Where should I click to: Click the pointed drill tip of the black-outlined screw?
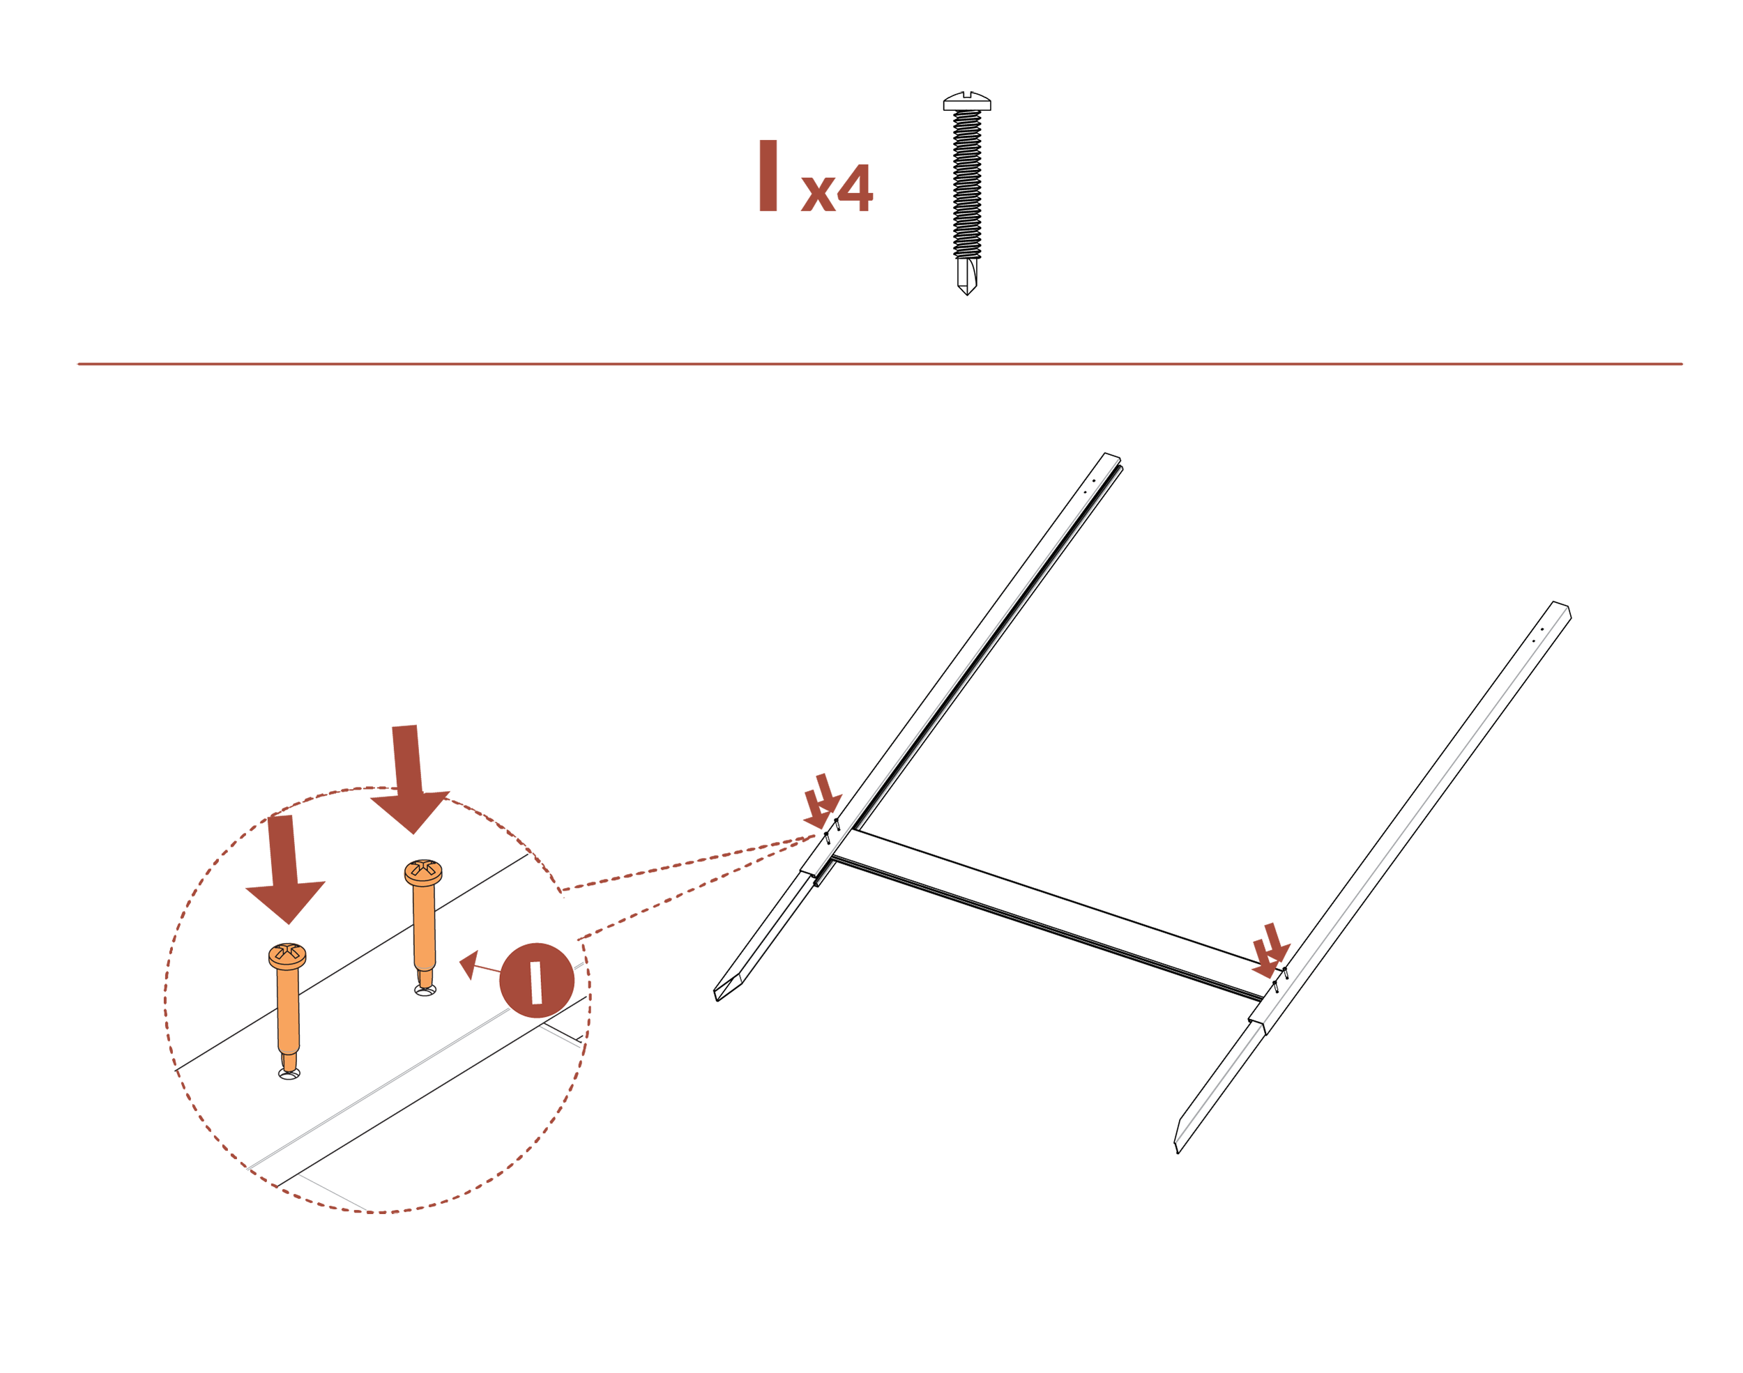967,295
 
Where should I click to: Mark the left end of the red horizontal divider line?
78,364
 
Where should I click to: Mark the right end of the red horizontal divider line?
1682,364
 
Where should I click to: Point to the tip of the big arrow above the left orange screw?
289,923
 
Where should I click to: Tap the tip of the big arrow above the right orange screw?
413,834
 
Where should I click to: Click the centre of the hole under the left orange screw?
289,1074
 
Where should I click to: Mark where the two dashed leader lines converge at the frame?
815,837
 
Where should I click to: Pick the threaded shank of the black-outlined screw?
967,184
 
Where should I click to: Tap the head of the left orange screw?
287,956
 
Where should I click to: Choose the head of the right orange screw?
423,872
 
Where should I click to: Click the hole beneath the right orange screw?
425,990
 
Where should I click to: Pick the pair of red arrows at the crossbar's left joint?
823,801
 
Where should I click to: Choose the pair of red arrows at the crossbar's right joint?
1271,950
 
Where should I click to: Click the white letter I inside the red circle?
536,982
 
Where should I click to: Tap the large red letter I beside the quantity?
768,175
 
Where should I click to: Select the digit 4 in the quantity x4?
855,187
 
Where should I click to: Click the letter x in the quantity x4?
819,194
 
